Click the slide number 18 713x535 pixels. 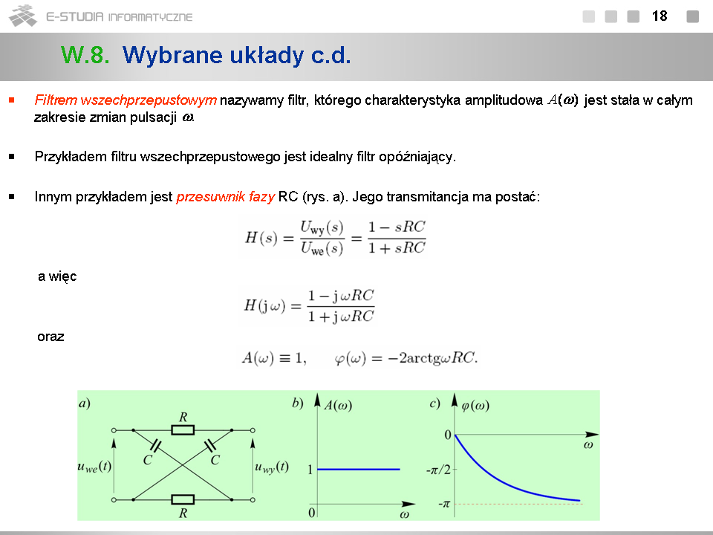point(660,16)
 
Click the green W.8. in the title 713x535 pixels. point(85,55)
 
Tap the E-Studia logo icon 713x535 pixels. point(23,16)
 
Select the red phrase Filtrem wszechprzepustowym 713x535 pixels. point(126,100)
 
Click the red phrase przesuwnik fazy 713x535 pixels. point(226,197)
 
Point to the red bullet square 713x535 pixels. point(12,100)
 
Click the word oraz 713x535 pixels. point(51,337)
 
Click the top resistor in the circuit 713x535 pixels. point(183,430)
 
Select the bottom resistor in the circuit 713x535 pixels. point(183,499)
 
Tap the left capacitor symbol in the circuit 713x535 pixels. point(155,446)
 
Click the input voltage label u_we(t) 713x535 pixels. point(94,467)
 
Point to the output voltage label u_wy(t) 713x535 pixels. point(272,467)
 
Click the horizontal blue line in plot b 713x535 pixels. point(358,469)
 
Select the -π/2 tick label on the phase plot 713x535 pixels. point(438,470)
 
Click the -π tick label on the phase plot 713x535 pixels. point(444,504)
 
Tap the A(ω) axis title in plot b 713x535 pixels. point(338,405)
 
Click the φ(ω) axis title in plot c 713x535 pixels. point(475,405)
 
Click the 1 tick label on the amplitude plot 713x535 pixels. point(310,470)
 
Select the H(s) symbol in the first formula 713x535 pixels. point(261,238)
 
